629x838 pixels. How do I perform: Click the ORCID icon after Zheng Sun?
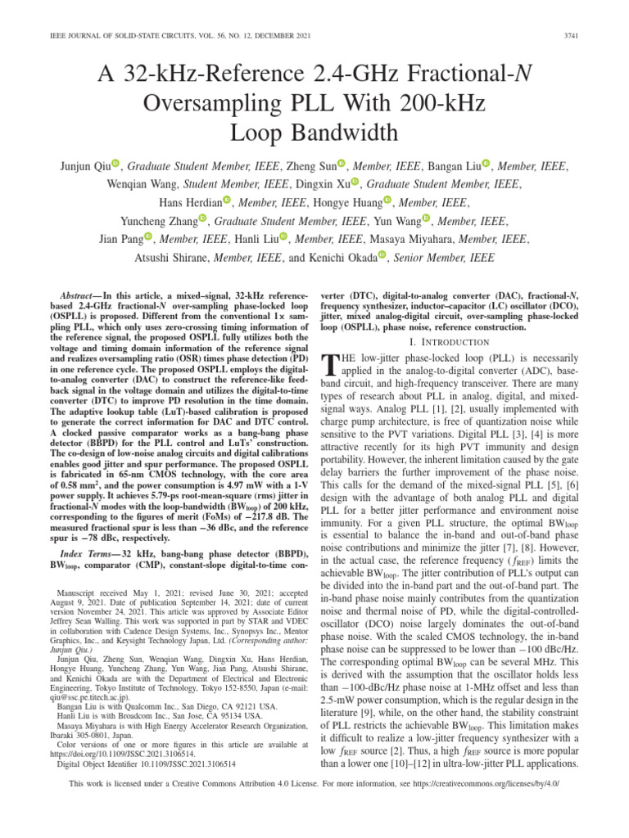point(342,164)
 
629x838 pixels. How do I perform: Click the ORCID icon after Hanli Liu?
point(283,237)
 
